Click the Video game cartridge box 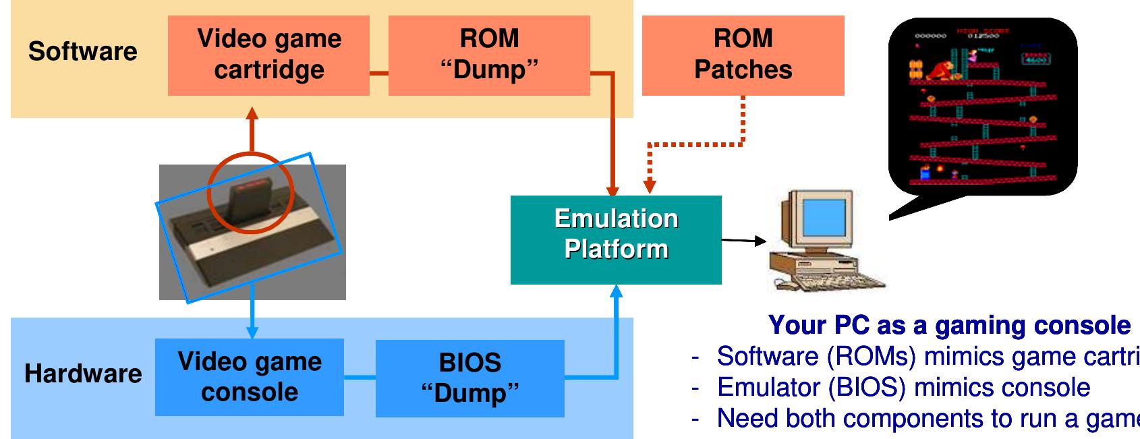268,55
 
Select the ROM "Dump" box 489,55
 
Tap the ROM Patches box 743,55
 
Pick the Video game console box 249,377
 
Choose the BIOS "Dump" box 469,378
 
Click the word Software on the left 82,51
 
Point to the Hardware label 83,373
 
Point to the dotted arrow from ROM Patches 695,144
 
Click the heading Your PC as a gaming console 949,325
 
